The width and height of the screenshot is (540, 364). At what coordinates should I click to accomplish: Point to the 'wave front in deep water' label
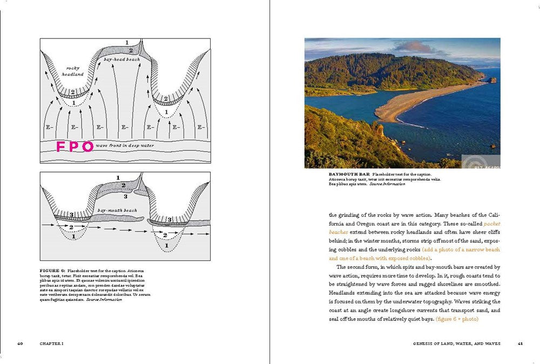(x=125, y=146)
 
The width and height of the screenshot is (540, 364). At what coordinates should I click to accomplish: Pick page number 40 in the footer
(x=20, y=343)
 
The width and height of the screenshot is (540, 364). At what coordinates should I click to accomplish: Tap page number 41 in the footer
(x=520, y=343)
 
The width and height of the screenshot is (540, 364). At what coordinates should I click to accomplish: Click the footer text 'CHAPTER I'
(x=52, y=343)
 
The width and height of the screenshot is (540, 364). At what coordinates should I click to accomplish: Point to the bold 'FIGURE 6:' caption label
(x=52, y=269)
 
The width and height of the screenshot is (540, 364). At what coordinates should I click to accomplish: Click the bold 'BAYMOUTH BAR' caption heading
(x=345, y=175)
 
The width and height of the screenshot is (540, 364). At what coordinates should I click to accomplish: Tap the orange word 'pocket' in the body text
(x=492, y=223)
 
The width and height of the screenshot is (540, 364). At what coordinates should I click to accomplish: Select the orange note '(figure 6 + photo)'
(x=458, y=319)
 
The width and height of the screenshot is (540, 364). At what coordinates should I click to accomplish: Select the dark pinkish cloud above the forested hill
(x=413, y=47)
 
